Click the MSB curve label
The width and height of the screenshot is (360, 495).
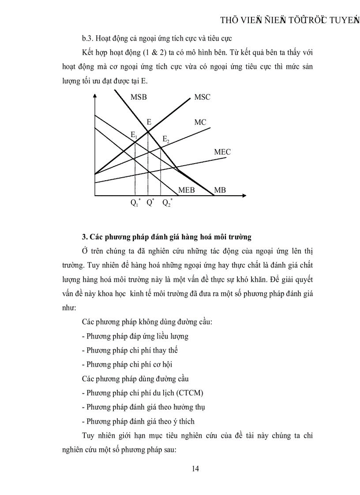point(139,97)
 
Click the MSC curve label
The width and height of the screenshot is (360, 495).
point(202,97)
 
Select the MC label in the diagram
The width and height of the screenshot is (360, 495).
point(200,122)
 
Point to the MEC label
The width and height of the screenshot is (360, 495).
point(222,152)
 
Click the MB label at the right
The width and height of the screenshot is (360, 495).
point(220,190)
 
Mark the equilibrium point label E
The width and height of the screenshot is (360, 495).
point(149,122)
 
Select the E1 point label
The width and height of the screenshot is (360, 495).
point(133,134)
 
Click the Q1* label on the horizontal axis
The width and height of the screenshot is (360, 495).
point(135,203)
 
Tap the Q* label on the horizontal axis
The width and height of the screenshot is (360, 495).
point(150,203)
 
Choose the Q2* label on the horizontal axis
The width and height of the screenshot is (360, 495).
point(167,203)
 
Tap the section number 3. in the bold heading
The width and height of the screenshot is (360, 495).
point(85,237)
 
